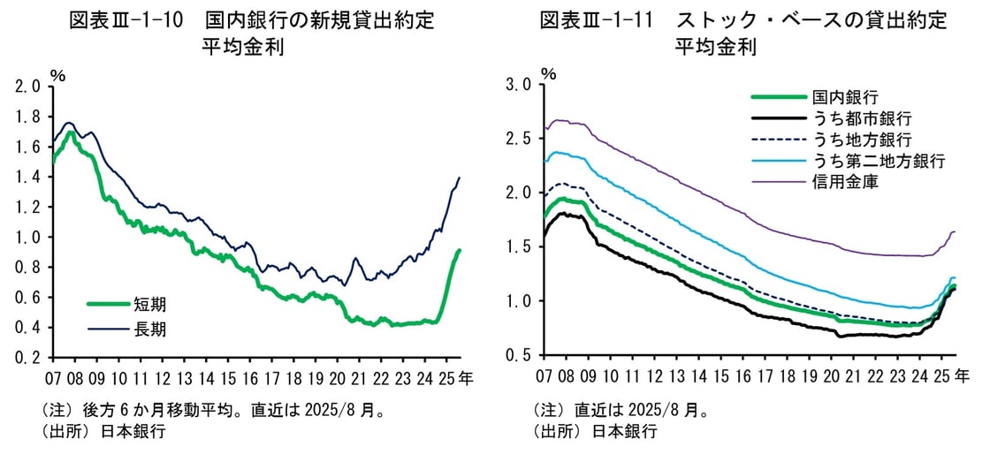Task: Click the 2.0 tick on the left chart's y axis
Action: (28, 87)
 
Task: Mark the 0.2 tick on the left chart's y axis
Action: (28, 358)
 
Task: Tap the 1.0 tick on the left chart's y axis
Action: (28, 238)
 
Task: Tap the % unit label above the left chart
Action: (58, 74)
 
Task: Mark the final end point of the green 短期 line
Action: (460, 250)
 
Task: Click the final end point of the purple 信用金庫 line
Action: (955, 232)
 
